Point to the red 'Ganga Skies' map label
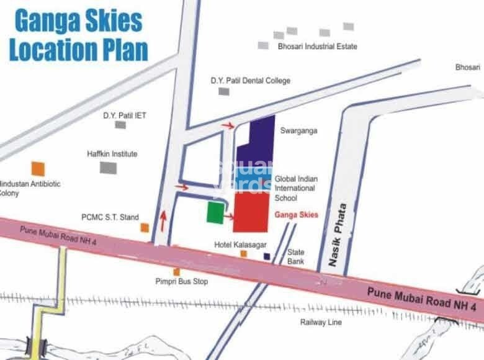(295, 215)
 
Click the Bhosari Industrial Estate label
(318, 47)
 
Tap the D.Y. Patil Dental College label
(250, 81)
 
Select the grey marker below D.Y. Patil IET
(120, 125)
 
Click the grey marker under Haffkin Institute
(109, 167)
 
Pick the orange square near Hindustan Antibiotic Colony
(38, 168)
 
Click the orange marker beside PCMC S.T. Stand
(145, 228)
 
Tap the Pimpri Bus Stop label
(182, 282)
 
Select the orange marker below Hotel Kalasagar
(243, 253)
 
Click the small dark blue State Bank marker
(267, 256)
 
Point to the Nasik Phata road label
(340, 236)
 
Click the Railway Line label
(321, 322)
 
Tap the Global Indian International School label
(295, 188)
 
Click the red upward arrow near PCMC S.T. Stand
(164, 220)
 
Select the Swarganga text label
(298, 132)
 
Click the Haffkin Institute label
(112, 154)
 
